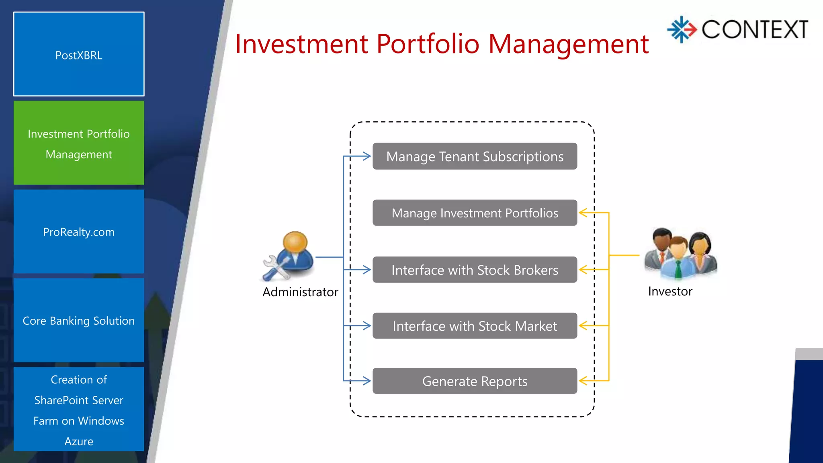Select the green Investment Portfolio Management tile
tap(79, 143)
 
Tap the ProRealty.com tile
tap(79, 232)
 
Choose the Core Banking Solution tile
tap(79, 320)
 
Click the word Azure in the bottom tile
tap(79, 441)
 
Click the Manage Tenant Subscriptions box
tap(475, 156)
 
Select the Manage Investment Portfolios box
tap(475, 213)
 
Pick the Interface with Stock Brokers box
tap(475, 270)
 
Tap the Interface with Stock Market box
tap(475, 326)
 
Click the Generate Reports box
tap(475, 381)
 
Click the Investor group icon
tap(681, 254)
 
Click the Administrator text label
tap(300, 292)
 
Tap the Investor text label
tap(670, 291)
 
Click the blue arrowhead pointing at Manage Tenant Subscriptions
tap(366, 156)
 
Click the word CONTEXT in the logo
tap(755, 30)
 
